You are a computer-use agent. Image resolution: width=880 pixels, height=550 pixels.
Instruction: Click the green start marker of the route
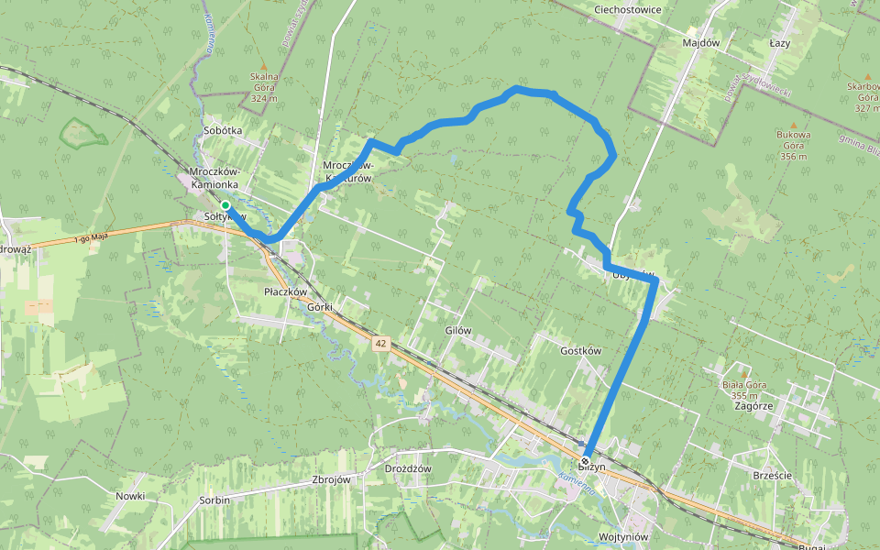(225, 204)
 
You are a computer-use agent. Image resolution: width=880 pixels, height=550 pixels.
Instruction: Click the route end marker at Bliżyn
(585, 460)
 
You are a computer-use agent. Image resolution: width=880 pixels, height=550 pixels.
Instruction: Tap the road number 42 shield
(380, 343)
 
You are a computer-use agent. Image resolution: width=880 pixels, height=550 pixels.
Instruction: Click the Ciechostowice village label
(627, 9)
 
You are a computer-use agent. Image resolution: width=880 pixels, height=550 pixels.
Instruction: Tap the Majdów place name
(701, 43)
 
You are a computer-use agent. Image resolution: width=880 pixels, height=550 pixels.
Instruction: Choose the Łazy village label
(780, 43)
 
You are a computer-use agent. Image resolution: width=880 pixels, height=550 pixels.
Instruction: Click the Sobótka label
(223, 130)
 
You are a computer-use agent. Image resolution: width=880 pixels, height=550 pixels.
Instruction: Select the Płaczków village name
(284, 291)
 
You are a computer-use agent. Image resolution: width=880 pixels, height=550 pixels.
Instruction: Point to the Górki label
(320, 307)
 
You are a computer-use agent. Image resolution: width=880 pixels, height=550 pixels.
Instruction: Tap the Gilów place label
(457, 330)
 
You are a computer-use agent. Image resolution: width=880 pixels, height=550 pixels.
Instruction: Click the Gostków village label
(580, 351)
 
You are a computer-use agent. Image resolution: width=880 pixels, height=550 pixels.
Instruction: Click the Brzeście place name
(771, 476)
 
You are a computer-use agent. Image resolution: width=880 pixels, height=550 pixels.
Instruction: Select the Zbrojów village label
(332, 479)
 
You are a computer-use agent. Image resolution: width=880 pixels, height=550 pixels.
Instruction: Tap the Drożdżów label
(408, 468)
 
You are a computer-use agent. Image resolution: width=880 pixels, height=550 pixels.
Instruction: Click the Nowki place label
(130, 496)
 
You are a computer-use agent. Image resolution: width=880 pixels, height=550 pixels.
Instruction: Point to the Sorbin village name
(214, 500)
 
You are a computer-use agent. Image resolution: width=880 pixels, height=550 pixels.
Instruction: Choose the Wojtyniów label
(623, 537)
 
